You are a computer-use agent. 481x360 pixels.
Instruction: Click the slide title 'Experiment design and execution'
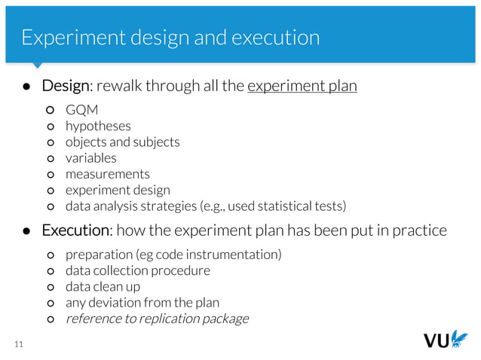tap(170, 38)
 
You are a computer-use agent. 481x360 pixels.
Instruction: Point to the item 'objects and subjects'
tap(122, 142)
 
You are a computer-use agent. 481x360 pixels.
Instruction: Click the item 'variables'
tap(90, 158)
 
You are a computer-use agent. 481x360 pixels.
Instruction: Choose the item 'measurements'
tap(107, 174)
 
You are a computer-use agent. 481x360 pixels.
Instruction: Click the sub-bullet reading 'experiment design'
tap(118, 190)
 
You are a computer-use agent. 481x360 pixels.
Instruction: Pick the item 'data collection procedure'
tap(138, 270)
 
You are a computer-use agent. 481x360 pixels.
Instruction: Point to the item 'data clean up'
tap(103, 287)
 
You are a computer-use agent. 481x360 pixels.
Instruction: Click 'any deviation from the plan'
tap(142, 303)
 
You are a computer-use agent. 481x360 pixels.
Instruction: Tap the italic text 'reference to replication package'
tap(157, 319)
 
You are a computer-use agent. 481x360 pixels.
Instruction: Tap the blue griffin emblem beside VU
tap(458, 338)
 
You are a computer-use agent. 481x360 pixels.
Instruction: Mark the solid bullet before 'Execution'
tap(25, 230)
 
